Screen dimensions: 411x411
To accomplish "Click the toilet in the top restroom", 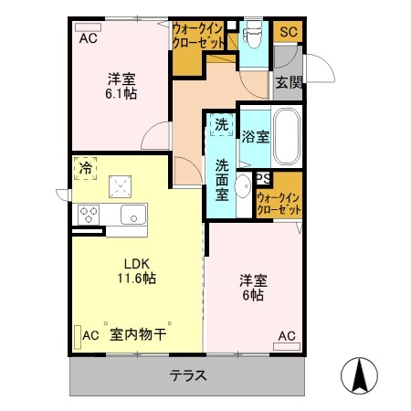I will point(254,37).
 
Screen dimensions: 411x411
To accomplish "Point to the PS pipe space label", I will point(263,179).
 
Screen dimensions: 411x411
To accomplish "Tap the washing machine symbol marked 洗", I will point(220,124).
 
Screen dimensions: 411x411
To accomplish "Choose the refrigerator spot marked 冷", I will point(85,168).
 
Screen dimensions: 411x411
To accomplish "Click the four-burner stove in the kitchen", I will point(90,215).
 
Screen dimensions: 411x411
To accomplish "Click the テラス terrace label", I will point(187,375).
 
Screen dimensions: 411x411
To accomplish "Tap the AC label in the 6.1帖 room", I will point(88,38).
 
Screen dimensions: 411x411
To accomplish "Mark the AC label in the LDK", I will point(90,335).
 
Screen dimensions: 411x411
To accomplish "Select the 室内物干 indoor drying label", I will point(138,335).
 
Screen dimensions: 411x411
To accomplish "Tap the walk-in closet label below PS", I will point(279,203).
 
